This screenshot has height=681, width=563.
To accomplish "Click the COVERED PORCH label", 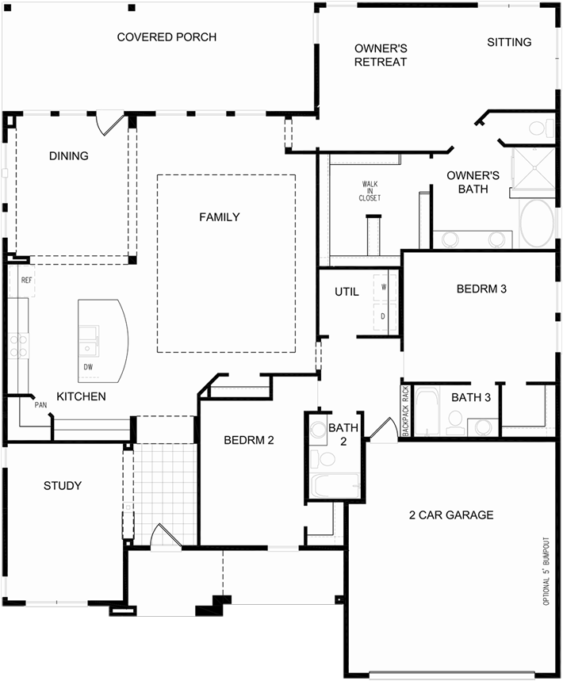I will [x=167, y=37].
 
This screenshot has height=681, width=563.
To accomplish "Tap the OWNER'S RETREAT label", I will [x=381, y=55].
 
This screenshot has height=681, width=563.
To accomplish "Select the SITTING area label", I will [x=509, y=42].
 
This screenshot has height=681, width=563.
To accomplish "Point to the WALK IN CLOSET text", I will [x=370, y=190].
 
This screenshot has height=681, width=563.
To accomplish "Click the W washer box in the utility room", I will [x=384, y=287].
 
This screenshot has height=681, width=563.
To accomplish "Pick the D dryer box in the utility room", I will [x=384, y=316].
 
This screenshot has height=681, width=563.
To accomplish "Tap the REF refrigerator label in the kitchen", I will [x=26, y=281].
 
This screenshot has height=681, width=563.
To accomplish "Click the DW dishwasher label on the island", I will [x=88, y=367].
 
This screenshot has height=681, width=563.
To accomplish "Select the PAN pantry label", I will [x=40, y=405].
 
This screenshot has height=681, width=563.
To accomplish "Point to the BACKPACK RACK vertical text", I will [x=405, y=411].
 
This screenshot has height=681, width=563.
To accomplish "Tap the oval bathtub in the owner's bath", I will [x=538, y=224].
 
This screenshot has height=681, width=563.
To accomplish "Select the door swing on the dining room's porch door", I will [x=109, y=124].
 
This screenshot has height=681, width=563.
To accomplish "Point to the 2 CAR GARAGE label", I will [x=451, y=515].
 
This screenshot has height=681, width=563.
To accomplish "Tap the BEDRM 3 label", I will [x=481, y=289].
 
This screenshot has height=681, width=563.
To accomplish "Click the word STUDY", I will [x=63, y=485].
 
